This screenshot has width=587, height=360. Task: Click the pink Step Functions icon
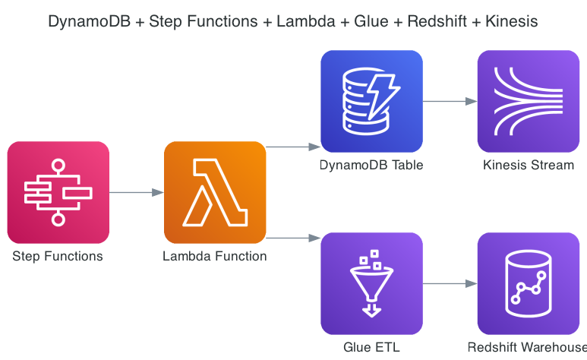point(58,192)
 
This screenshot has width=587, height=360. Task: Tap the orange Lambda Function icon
point(215,192)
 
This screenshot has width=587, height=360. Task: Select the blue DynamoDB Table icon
point(371,101)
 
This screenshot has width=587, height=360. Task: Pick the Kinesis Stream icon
point(528,101)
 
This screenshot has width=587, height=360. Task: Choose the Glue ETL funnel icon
point(371,283)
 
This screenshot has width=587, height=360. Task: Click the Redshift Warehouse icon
point(528,283)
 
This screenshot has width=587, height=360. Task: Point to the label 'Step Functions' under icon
point(58,257)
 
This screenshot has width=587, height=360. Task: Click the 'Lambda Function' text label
point(215,257)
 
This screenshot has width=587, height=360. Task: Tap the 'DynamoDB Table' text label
point(371,166)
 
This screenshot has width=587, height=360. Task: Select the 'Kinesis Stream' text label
point(528,166)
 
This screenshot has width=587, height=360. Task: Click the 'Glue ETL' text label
point(371,348)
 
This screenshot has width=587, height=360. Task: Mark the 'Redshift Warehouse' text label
point(528,348)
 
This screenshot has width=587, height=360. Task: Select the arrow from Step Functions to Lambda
point(137,193)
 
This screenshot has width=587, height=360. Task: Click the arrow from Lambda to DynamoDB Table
point(293,147)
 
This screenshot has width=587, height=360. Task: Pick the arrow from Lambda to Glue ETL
point(293,238)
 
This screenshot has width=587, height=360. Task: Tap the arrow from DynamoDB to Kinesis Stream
point(450,101)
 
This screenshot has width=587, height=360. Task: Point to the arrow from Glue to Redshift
point(450,284)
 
